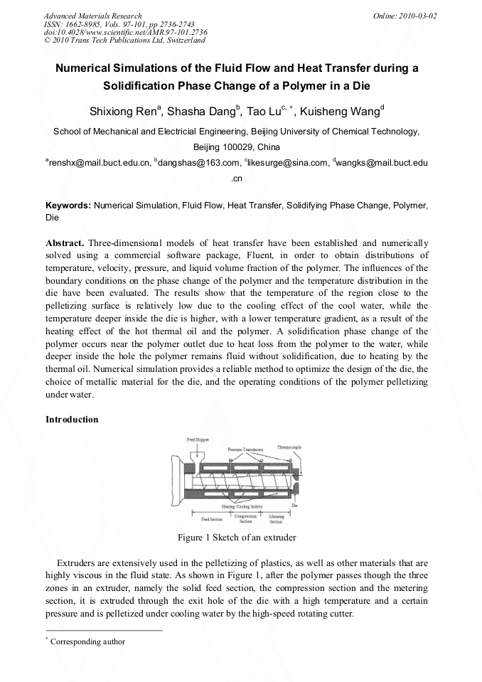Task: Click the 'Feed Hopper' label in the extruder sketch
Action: [x=197, y=440]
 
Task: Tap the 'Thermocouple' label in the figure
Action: [x=289, y=446]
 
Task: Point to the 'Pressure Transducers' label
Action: [x=245, y=449]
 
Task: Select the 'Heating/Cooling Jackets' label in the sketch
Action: [x=242, y=506]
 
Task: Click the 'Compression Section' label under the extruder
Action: [x=245, y=518]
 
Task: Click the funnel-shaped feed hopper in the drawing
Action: [x=199, y=454]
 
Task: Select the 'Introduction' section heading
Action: [x=72, y=420]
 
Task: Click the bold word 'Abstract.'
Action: [x=65, y=243]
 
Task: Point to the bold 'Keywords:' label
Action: [x=68, y=206]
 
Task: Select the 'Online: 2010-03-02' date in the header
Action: [x=405, y=15]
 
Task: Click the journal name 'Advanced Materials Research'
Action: [x=92, y=15]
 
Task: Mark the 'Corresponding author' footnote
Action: [x=87, y=641]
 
